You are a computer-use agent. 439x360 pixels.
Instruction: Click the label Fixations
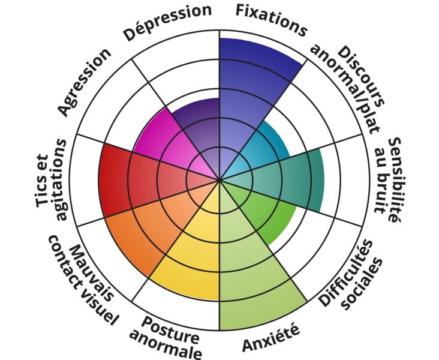(271, 20)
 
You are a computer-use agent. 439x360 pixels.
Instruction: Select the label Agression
(85, 82)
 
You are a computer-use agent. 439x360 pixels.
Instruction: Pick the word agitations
(62, 179)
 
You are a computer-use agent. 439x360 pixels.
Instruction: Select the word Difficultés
(346, 273)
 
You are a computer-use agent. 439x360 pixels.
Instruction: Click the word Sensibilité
(395, 179)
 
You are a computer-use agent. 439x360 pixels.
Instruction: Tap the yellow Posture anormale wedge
(193, 258)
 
